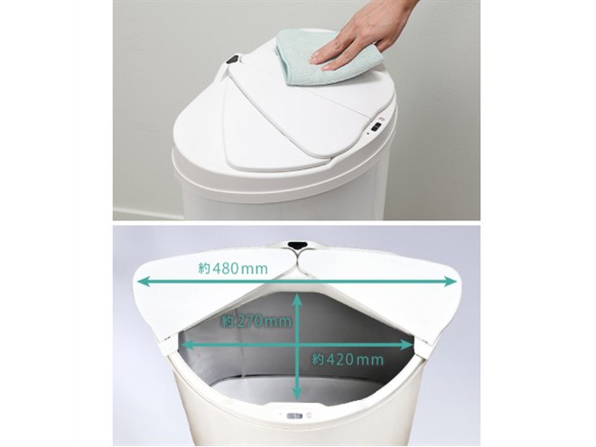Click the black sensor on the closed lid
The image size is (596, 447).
[x=233, y=60]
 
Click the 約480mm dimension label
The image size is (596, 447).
[x=233, y=269]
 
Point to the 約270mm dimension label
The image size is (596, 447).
[x=256, y=321]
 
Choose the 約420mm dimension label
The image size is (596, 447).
[x=348, y=359]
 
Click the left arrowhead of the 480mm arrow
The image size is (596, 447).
[x=143, y=282]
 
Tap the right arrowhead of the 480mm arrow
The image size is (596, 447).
[x=451, y=282]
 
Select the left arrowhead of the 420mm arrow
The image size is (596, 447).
[x=189, y=345]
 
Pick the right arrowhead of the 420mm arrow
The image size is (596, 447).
[x=407, y=345]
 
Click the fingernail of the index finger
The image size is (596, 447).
[x=314, y=59]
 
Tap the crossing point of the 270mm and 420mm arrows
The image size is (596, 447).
[x=297, y=345]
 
